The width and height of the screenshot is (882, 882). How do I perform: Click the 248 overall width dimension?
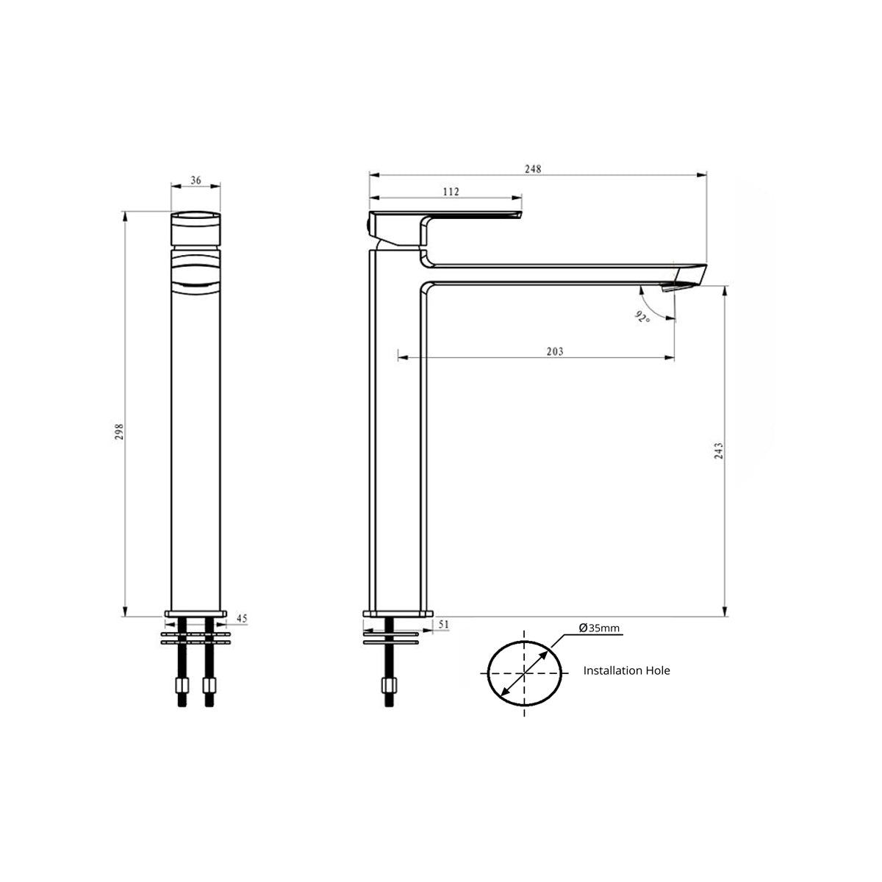(x=533, y=169)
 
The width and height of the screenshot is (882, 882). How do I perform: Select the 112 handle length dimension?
(x=451, y=192)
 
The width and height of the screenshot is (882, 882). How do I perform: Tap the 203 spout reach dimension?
(x=555, y=351)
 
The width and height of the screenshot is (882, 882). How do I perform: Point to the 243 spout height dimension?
(x=719, y=451)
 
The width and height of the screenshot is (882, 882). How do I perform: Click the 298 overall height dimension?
(x=119, y=431)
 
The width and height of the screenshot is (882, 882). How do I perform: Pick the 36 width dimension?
(x=196, y=180)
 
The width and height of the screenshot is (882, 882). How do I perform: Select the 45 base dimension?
(x=242, y=618)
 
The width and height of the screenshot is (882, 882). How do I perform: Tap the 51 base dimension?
(x=443, y=624)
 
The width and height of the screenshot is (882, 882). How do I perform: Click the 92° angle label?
(x=642, y=317)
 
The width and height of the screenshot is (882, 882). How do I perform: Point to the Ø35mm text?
(x=599, y=628)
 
